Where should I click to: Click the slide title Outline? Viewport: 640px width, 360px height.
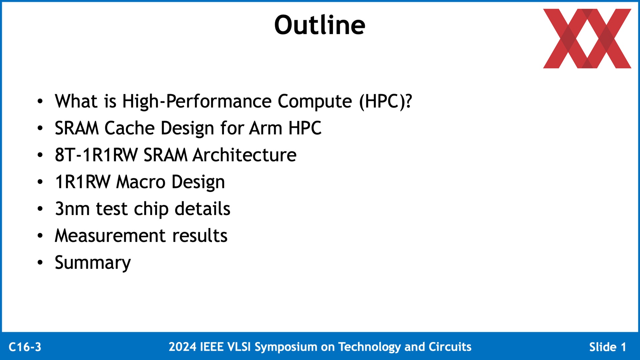pyautogui.click(x=320, y=25)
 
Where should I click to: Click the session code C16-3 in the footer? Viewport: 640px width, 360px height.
pyautogui.click(x=25, y=347)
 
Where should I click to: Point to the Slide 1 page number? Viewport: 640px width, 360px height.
pyautogui.click(x=607, y=347)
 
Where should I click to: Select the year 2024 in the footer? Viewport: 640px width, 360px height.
pyautogui.click(x=182, y=347)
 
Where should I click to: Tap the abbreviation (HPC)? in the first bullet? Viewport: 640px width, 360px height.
pyautogui.click(x=385, y=101)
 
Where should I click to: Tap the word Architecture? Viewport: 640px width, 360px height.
pyautogui.click(x=245, y=155)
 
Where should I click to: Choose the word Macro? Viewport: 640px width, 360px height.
pyautogui.click(x=141, y=182)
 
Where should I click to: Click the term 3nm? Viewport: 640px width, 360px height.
pyautogui.click(x=72, y=209)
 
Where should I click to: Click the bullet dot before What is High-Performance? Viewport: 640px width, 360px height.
pyautogui.click(x=40, y=101)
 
